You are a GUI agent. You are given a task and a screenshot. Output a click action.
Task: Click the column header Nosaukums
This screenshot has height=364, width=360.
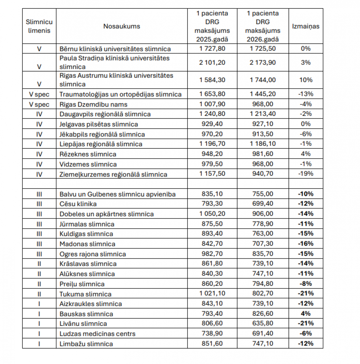tap(122, 26)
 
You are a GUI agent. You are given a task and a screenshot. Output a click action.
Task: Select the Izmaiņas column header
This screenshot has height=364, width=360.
tap(306, 26)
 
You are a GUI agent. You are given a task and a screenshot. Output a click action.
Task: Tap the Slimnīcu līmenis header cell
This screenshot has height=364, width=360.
tap(39, 26)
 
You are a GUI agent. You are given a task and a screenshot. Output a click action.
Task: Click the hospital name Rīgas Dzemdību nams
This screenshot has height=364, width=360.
tap(93, 104)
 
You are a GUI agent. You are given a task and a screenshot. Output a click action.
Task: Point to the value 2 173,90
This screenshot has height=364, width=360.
tap(263, 62)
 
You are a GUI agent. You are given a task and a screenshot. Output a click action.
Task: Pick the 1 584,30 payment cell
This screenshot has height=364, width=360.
tap(212, 80)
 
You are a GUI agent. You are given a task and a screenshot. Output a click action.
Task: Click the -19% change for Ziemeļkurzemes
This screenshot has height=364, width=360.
tap(306, 174)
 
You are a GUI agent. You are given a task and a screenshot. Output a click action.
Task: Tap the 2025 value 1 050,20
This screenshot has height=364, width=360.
tap(212, 214)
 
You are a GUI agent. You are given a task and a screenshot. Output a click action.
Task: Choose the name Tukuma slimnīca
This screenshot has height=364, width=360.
tap(85, 294)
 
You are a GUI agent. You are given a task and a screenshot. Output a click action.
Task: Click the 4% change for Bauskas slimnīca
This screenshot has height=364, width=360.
tap(306, 314)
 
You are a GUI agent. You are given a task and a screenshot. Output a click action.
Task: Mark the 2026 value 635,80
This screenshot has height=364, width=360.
tap(263, 324)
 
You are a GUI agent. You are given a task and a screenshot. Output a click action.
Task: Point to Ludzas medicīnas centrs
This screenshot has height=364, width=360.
tap(97, 334)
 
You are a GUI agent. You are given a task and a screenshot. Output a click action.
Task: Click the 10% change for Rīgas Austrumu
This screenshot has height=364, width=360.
tap(306, 80)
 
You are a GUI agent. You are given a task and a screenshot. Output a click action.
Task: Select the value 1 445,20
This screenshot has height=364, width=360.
tap(263, 94)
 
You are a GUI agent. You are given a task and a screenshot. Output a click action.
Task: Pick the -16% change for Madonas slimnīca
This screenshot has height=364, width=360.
tap(306, 244)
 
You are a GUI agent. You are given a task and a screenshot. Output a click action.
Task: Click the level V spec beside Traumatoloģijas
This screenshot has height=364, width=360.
tap(39, 94)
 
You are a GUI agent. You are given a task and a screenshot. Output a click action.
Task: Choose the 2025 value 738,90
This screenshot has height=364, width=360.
tap(212, 334)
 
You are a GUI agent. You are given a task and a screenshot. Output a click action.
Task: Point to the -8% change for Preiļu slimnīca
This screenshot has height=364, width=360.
tap(306, 284)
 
